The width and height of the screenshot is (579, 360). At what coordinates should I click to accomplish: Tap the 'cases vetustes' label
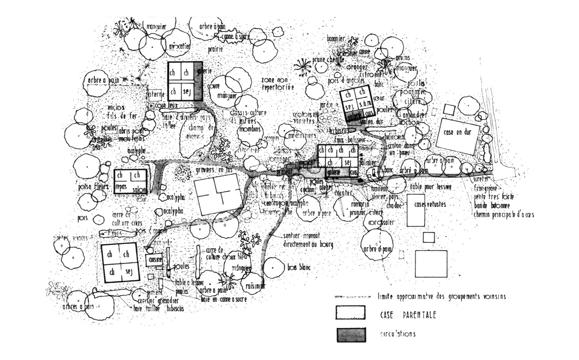tap(430, 205)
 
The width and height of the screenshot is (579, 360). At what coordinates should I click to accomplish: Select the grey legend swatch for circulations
tap(351, 334)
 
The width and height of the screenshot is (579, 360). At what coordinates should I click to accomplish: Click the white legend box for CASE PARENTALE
tap(351, 313)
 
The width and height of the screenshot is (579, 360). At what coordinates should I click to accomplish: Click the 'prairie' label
tap(216, 49)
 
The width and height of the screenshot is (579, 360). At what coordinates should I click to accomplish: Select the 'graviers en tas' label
tap(213, 170)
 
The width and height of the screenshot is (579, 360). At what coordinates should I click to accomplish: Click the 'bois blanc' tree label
tap(299, 268)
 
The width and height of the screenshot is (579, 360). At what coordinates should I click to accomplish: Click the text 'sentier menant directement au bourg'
tap(308, 241)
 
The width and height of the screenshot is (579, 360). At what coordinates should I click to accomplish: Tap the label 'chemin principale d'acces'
tap(504, 215)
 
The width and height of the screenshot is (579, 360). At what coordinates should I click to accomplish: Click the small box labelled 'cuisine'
tap(154, 260)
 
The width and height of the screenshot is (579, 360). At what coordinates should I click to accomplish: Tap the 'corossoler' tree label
tap(381, 223)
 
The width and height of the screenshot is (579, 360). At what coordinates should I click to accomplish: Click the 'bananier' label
tap(336, 39)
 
